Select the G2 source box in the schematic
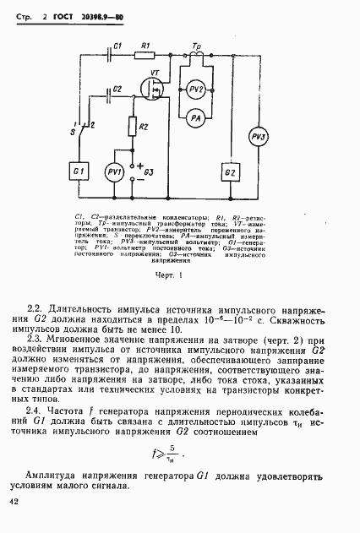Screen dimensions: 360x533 (x=230, y=172)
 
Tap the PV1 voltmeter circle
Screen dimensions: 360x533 (x=114, y=171)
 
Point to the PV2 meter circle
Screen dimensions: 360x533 (x=195, y=89)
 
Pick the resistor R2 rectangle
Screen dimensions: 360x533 (x=133, y=126)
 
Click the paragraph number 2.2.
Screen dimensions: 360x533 (x=35, y=308)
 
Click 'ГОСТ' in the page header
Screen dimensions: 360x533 (x=63, y=15)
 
